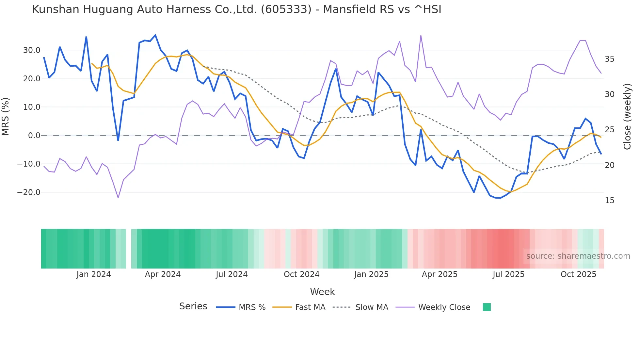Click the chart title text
236,9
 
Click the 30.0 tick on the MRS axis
32,50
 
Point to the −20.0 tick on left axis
29,192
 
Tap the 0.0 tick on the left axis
34,136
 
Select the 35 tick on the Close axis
609,59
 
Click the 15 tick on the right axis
609,201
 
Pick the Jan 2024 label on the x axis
94,274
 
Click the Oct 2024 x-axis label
301,274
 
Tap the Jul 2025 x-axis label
508,274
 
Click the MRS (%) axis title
6,117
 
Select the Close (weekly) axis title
627,117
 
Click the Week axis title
322,292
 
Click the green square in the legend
487,307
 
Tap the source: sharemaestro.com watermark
578,256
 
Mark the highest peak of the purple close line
421,35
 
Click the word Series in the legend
193,306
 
